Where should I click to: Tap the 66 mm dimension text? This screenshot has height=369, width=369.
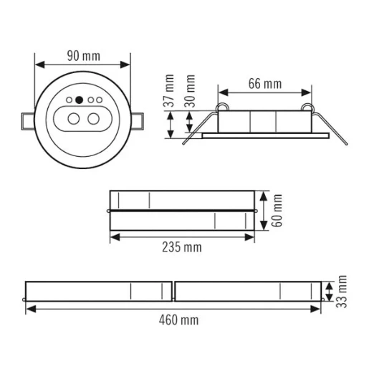pyautogui.click(x=264, y=84)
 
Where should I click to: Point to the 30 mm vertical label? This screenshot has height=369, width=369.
pyautogui.click(x=191, y=90)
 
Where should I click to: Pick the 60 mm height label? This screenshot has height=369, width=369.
pyautogui.click(x=278, y=211)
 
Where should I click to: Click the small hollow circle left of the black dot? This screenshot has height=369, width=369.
pyautogui.click(x=68, y=100)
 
